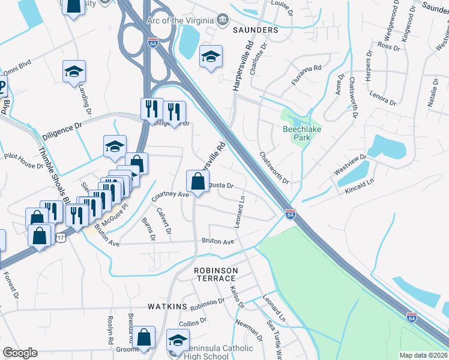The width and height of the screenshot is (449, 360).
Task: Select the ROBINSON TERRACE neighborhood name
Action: [x=215, y=275]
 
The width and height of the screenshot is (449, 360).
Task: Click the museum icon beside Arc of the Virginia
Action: [x=222, y=19]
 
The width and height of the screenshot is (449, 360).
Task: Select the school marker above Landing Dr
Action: [x=74, y=71]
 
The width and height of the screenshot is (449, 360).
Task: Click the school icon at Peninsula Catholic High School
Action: [x=178, y=340]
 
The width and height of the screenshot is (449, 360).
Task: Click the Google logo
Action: [x=20, y=353]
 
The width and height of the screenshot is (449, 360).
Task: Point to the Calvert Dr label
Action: [x=164, y=221]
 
